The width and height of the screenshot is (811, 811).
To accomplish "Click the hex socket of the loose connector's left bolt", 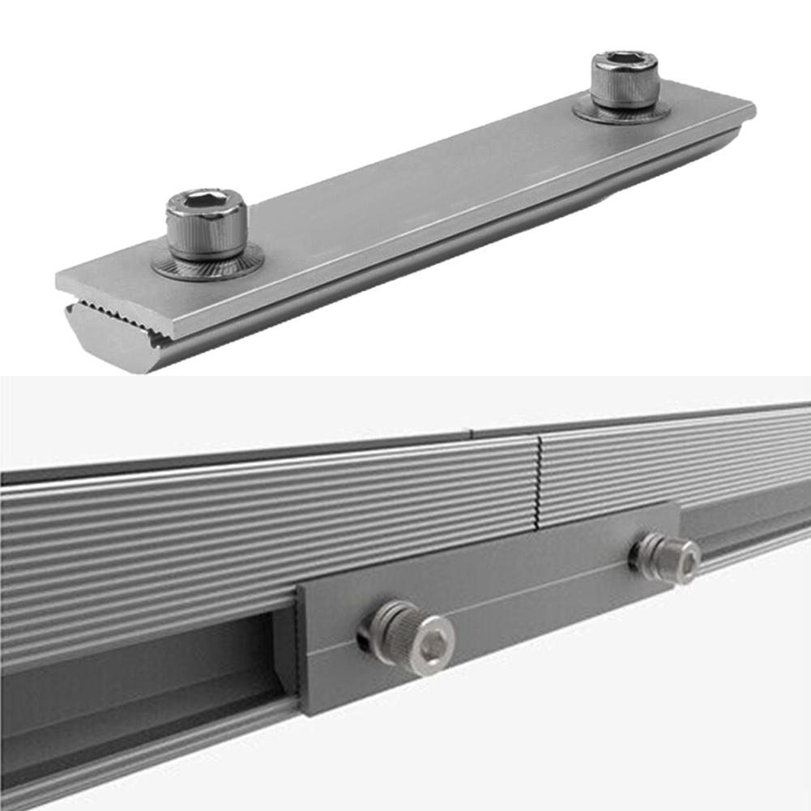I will tap(207, 200).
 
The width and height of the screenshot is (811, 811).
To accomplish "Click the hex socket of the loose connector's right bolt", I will tap(625, 59).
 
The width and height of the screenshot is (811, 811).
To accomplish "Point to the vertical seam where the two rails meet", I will tap(537, 478).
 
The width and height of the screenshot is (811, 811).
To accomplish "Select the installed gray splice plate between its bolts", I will tap(527, 600).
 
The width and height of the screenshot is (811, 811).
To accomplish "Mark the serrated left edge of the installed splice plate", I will tap(302, 648).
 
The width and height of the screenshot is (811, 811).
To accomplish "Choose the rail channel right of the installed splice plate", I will tap(745, 527).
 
